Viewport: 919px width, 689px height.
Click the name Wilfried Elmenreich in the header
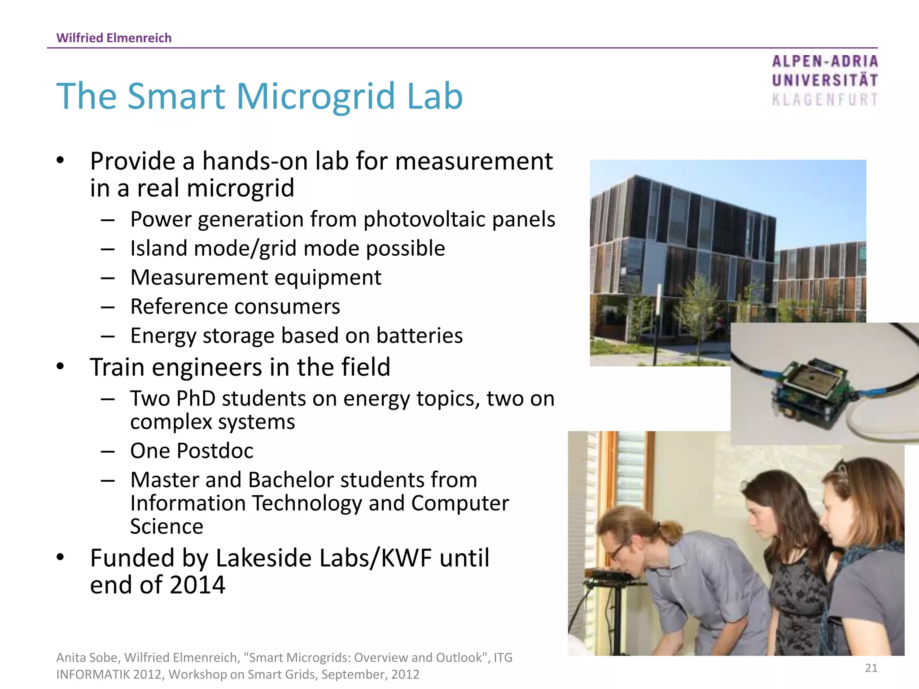pyautogui.click(x=114, y=38)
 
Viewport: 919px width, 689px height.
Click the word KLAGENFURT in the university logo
pyautogui.click(x=825, y=100)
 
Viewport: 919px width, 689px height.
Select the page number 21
pyautogui.click(x=871, y=668)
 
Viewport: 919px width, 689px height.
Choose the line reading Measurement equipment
pyautogui.click(x=256, y=278)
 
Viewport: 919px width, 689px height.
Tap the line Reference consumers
pyautogui.click(x=235, y=307)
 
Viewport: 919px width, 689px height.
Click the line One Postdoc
pyautogui.click(x=192, y=451)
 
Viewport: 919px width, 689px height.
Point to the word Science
pyautogui.click(x=166, y=527)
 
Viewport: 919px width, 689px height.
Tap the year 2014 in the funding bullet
pyautogui.click(x=197, y=585)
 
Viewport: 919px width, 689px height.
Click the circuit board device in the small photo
pyautogui.click(x=812, y=386)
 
